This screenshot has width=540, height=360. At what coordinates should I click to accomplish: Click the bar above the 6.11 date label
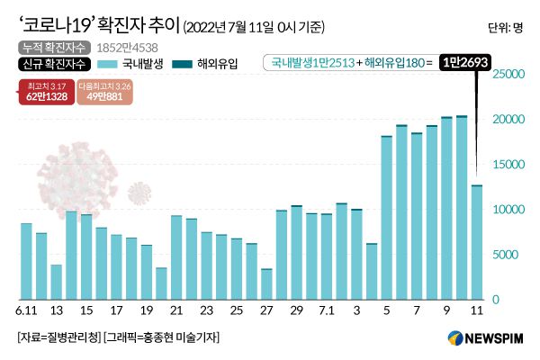[26, 261]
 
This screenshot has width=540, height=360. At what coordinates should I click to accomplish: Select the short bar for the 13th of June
[56, 282]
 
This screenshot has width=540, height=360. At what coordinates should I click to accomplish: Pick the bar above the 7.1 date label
[327, 256]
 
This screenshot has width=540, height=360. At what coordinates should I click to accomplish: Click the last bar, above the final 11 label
[476, 242]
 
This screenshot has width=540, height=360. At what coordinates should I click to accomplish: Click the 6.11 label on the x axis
[26, 310]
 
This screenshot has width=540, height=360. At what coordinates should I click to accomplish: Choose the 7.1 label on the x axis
[327, 310]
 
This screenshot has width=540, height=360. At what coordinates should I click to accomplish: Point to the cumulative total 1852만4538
[124, 46]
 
